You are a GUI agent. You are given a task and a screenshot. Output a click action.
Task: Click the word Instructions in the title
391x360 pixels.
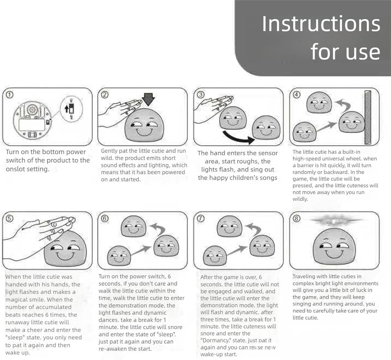tap(321, 24)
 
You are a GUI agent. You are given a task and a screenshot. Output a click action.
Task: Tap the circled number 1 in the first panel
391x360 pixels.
tap(10, 95)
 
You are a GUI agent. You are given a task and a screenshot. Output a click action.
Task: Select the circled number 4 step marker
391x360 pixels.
tap(297, 95)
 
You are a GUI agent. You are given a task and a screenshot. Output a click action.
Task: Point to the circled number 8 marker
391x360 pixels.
tap(297, 218)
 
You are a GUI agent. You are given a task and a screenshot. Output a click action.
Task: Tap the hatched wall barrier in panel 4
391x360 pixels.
tap(368, 117)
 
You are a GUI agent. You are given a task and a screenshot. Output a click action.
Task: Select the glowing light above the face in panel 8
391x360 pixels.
tap(335, 221)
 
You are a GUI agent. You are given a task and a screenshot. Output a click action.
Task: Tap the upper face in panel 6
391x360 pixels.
tap(133, 226)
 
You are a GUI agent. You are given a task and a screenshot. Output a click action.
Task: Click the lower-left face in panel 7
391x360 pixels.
tap(215, 256)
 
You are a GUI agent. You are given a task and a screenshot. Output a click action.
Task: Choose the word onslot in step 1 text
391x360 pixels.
tap(15, 169)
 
